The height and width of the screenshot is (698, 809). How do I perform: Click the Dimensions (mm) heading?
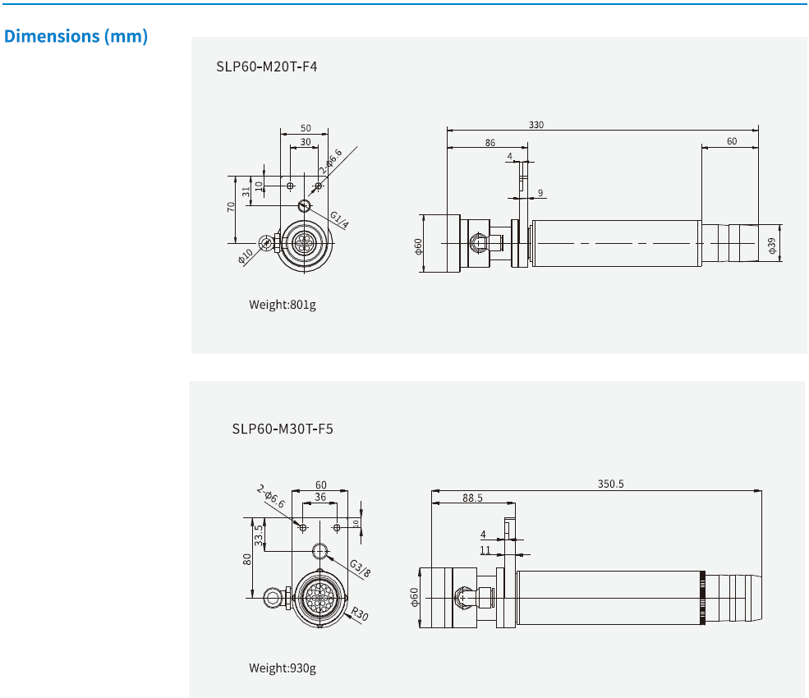click(x=76, y=37)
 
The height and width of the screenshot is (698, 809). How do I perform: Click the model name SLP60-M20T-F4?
click(x=267, y=67)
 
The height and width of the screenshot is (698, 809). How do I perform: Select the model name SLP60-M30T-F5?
click(x=282, y=428)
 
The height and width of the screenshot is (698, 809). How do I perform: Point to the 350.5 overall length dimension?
click(x=610, y=484)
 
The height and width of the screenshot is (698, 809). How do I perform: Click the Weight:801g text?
click(x=283, y=305)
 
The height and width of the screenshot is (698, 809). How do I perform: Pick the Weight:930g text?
click(x=283, y=668)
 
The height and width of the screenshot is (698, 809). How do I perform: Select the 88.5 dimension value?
click(x=472, y=498)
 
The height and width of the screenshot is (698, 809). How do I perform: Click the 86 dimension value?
click(x=490, y=143)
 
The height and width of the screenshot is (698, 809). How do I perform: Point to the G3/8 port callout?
click(x=360, y=568)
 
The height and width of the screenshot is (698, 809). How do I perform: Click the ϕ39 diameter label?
click(x=772, y=244)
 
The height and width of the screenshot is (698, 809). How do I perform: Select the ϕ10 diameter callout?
click(x=246, y=256)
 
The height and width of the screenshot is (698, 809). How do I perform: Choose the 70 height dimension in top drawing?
click(x=231, y=207)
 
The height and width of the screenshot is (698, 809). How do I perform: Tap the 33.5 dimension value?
click(x=259, y=535)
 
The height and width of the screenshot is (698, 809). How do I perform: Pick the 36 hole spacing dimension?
click(x=320, y=497)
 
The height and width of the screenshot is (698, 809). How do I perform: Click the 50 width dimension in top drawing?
click(x=306, y=128)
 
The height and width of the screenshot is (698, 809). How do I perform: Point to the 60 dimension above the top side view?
click(x=732, y=141)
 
